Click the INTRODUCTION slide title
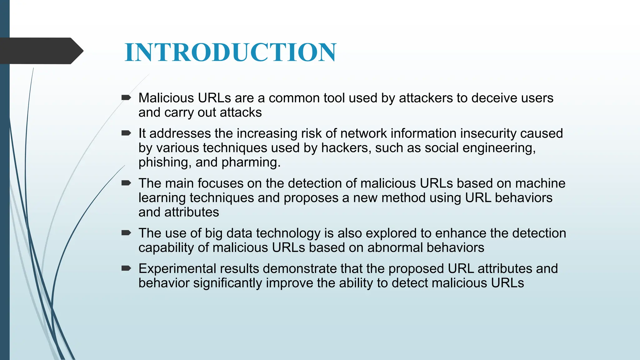(230, 52)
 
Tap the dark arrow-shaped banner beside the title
(41, 51)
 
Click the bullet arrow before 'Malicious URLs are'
(126, 98)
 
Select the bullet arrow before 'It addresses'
(126, 133)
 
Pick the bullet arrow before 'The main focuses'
(126, 183)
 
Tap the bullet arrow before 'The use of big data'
(126, 233)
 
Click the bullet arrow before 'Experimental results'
(126, 268)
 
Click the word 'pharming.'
(251, 162)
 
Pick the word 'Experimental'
(199, 269)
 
